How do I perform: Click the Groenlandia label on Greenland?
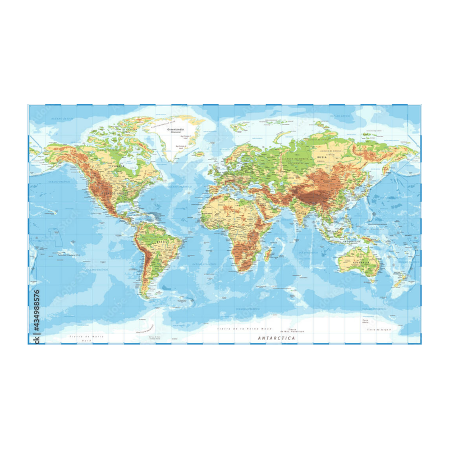click(181, 130)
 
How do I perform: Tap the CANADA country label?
click(118, 166)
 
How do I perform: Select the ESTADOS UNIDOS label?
click(114, 193)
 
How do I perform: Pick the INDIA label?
click(303, 213)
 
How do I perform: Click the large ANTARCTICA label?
click(276, 338)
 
